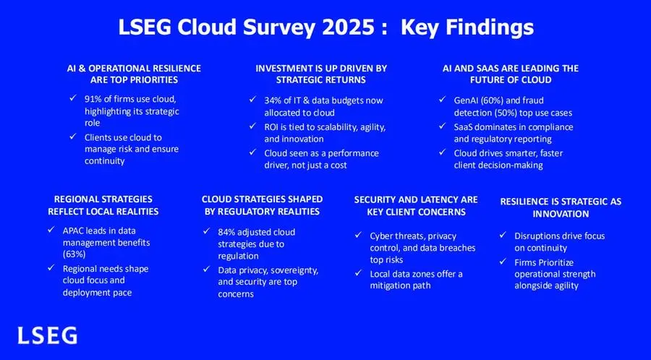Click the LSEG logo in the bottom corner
(x=47, y=335)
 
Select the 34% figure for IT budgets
(x=273, y=100)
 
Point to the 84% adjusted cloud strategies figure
(x=226, y=232)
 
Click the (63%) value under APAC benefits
(x=75, y=254)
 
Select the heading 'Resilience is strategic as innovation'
(x=561, y=207)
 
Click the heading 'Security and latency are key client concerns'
(x=416, y=206)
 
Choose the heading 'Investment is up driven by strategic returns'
(x=321, y=74)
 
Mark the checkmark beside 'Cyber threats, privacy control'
(x=358, y=235)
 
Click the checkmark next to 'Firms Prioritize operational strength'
(x=503, y=262)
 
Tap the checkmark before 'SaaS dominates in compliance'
(x=442, y=126)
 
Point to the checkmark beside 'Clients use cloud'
(x=73, y=137)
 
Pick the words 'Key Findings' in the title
(x=467, y=28)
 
